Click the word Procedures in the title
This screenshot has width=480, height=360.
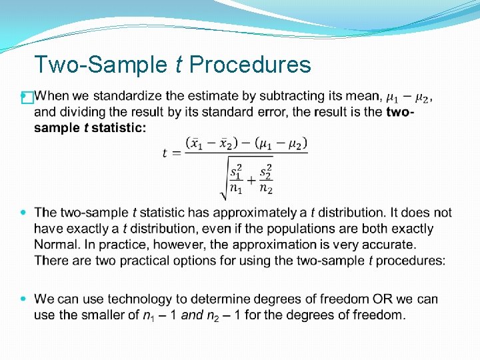[250, 65]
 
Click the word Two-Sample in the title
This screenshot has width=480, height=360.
[101, 65]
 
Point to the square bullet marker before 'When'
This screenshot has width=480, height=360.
[27, 98]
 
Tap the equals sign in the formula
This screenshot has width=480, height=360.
[176, 153]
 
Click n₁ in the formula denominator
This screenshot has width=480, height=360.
[236, 189]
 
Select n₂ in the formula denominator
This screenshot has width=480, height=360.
[266, 189]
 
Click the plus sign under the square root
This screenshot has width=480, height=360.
[251, 180]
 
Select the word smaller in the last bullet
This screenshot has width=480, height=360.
[104, 315]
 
